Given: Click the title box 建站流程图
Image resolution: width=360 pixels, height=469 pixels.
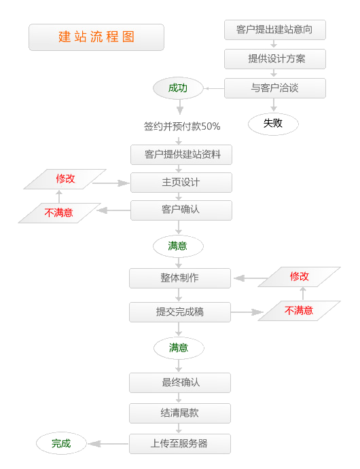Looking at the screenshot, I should (x=96, y=37).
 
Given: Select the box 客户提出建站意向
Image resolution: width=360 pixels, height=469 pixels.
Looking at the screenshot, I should (x=275, y=30).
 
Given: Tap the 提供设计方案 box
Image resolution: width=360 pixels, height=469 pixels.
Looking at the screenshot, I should (x=275, y=59).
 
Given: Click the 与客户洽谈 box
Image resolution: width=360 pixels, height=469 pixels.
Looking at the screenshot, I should (x=275, y=88).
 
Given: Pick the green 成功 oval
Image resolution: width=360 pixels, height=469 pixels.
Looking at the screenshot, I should (x=178, y=88).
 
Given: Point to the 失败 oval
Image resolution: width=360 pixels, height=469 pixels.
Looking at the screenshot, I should (x=273, y=123).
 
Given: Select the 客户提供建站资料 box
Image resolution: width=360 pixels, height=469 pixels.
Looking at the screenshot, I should (x=181, y=155).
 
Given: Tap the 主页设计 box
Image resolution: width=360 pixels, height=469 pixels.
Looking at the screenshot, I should (x=181, y=183).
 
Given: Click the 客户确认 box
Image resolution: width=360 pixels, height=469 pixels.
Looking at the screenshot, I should (x=181, y=210).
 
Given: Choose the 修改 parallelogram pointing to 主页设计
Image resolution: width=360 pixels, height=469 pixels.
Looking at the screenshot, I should (x=65, y=180).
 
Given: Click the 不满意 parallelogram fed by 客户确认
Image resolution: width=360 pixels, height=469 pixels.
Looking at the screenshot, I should (x=59, y=213).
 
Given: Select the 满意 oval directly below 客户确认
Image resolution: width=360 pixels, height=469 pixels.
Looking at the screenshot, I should (x=178, y=246).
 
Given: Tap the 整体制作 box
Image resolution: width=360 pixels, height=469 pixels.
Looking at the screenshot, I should (x=180, y=278).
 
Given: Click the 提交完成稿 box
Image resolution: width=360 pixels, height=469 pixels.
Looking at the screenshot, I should (x=180, y=312).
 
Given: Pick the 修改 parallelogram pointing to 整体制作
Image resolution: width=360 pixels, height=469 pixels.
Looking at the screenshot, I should (x=299, y=277).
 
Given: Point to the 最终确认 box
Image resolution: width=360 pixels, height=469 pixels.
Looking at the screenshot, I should (x=180, y=382).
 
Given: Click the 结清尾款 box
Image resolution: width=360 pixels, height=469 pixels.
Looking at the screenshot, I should (x=180, y=413).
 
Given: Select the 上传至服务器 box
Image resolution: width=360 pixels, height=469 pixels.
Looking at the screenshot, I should (x=180, y=444).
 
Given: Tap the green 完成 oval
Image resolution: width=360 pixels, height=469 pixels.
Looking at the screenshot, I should (x=61, y=444).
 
